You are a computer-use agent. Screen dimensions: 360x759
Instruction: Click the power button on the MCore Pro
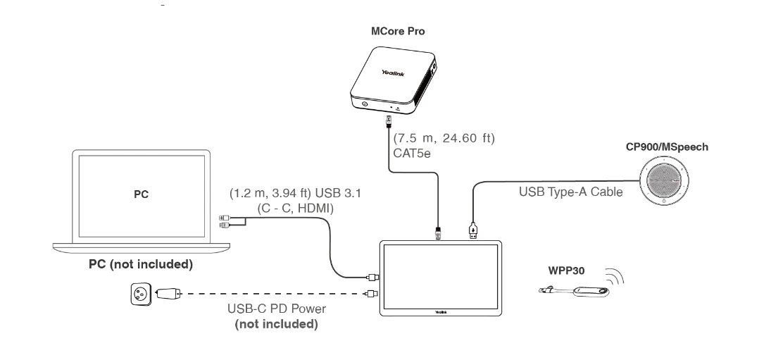pyautogui.click(x=365, y=105)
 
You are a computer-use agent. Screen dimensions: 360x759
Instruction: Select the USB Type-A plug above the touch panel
pyautogui.click(x=474, y=230)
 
